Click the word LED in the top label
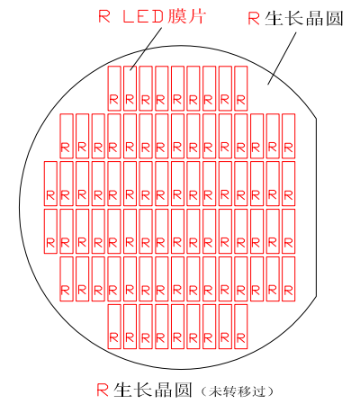[x=143, y=17]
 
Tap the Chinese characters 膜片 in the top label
[x=187, y=16]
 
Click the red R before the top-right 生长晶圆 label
[x=254, y=19]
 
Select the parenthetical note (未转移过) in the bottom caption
[x=237, y=391]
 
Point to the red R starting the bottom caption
[x=103, y=390]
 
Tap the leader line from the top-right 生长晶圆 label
[x=282, y=58]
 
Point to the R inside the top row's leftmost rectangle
[x=114, y=99]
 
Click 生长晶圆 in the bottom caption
[x=153, y=390]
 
